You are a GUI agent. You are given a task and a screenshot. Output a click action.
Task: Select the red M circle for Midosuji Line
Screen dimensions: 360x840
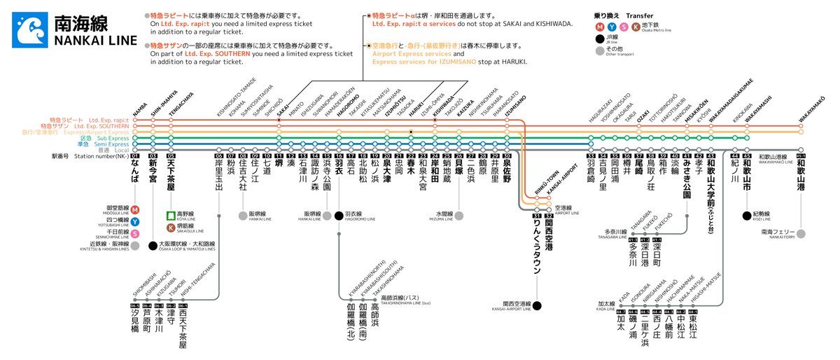pyautogui.click(x=134, y=209)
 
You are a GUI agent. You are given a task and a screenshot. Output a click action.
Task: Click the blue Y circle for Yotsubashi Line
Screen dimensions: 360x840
pyautogui.click(x=134, y=221)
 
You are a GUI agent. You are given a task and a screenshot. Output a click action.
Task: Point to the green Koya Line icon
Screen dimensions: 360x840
pyautogui.click(x=170, y=216)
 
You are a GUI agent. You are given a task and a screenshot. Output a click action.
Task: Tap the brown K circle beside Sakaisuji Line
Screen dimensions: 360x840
pyautogui.click(x=170, y=228)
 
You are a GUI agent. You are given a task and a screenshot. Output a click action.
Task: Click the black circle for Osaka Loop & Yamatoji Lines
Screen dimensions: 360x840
pyautogui.click(x=153, y=245)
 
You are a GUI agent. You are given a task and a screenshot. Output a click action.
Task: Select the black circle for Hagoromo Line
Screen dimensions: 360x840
pyautogui.click(x=339, y=215)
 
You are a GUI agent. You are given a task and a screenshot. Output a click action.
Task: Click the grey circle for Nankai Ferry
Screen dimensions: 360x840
pyautogui.click(x=801, y=233)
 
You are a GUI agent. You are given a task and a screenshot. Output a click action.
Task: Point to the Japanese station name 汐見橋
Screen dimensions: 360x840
pyautogui.click(x=135, y=323)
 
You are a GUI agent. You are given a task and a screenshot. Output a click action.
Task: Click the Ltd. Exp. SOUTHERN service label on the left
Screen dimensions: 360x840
pyautogui.click(x=104, y=126)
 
